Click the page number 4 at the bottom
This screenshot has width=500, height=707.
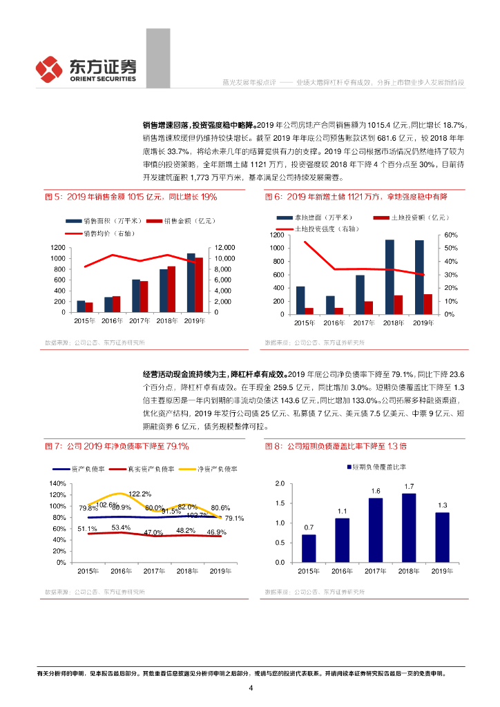point(251,688)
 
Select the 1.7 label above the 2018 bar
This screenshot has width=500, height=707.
point(410,486)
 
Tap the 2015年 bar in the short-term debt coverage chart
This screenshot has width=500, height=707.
point(309,548)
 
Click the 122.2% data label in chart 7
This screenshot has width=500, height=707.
point(140,494)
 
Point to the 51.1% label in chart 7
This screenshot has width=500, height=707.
point(87,529)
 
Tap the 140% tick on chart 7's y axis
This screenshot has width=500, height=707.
point(58,483)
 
